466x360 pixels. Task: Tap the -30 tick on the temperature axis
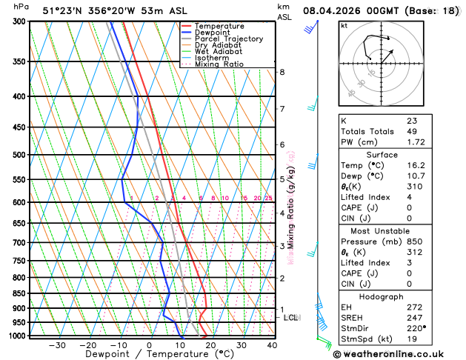[56, 345]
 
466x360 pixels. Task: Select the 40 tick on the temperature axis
[272, 345]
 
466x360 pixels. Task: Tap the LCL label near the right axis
[290, 317]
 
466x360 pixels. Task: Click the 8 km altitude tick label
[282, 72]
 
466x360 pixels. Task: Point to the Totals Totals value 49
[412, 131]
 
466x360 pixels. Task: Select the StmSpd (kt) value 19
[412, 339]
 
